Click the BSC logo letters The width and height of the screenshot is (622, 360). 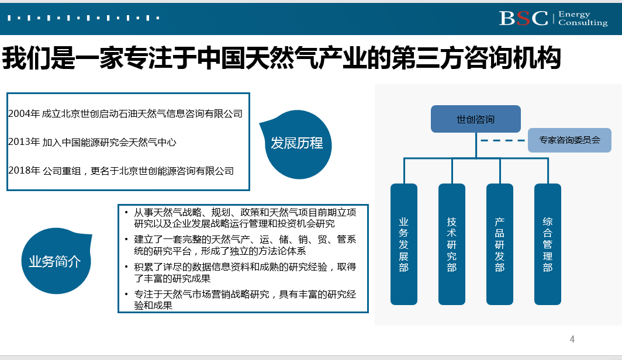click(x=523, y=18)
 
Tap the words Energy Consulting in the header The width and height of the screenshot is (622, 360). click(x=583, y=19)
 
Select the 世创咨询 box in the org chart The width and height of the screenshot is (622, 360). click(x=476, y=119)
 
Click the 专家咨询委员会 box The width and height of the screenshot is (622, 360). click(x=569, y=140)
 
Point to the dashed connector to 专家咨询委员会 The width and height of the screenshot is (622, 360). click(x=503, y=140)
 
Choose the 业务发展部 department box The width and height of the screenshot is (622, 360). click(x=404, y=244)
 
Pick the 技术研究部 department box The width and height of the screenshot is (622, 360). click(x=452, y=244)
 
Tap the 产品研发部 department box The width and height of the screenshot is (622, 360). click(x=500, y=244)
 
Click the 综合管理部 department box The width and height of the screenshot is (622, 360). click(x=548, y=244)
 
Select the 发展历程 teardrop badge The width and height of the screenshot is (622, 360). click(x=297, y=144)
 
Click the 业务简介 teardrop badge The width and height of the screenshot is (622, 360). click(x=56, y=261)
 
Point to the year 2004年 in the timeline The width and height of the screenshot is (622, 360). click(x=24, y=114)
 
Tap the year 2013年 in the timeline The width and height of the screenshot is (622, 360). click(x=24, y=142)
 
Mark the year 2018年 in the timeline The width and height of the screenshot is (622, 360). click(x=24, y=171)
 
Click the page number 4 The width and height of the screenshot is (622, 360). click(x=572, y=339)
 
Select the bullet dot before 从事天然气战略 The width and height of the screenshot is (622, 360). click(x=126, y=213)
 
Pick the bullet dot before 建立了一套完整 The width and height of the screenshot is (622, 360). click(x=126, y=240)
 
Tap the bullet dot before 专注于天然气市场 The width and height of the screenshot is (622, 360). click(x=126, y=294)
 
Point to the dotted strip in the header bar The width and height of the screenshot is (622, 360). click(x=83, y=18)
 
